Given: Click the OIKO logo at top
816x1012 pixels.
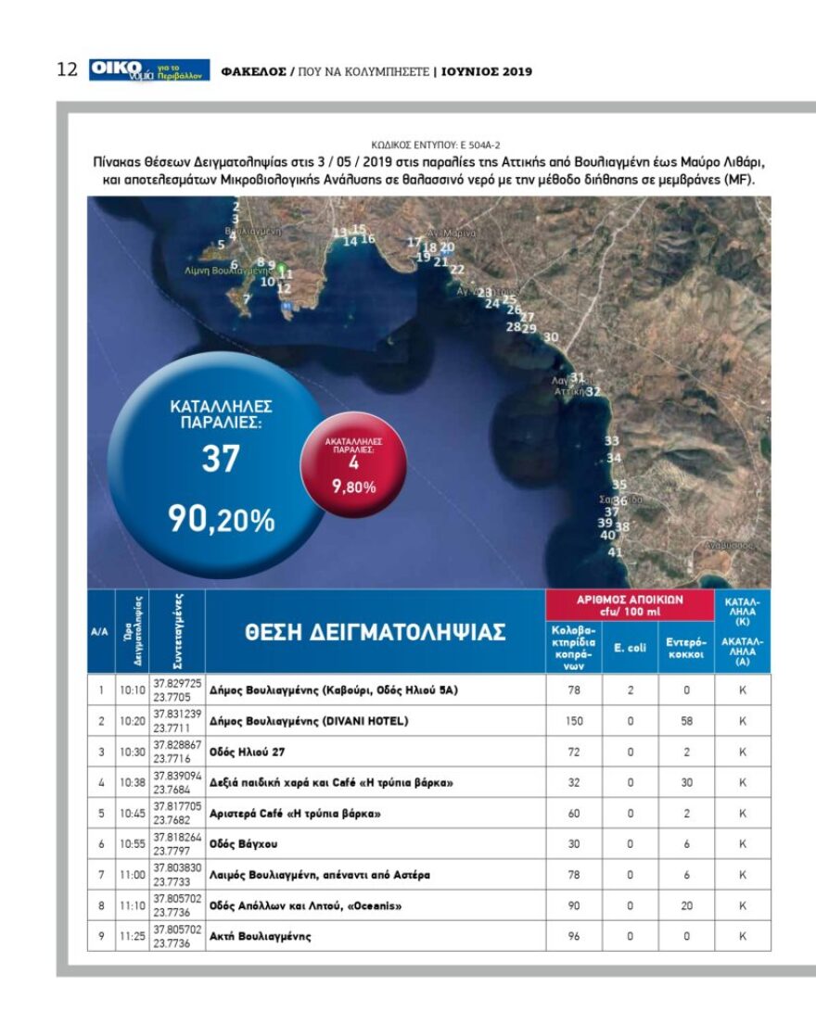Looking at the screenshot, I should tap(148, 70).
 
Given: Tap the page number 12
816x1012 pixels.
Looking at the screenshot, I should tap(67, 70).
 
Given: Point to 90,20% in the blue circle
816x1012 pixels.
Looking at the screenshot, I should tap(221, 520).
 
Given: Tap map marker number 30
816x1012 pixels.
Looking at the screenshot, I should tap(551, 337).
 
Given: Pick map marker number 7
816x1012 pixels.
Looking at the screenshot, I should tap(247, 299).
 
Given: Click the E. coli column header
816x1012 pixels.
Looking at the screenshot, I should tap(630, 647).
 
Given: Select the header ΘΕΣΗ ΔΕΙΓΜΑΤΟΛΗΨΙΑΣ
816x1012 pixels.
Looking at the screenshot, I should tap(376, 632).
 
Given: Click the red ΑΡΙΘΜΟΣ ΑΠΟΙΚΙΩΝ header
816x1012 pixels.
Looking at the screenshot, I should tap(630, 604).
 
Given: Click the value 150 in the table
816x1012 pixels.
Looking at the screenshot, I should tap(573, 721).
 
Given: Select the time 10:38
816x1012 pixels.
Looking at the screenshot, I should tap(131, 783).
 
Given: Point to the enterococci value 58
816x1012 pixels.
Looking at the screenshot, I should tap(686, 721).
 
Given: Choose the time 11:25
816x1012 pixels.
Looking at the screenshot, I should tap(131, 936).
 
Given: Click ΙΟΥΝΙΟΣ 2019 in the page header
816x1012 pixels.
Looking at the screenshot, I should tap(487, 71).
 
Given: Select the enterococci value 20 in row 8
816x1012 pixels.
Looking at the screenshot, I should tap(686, 905).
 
